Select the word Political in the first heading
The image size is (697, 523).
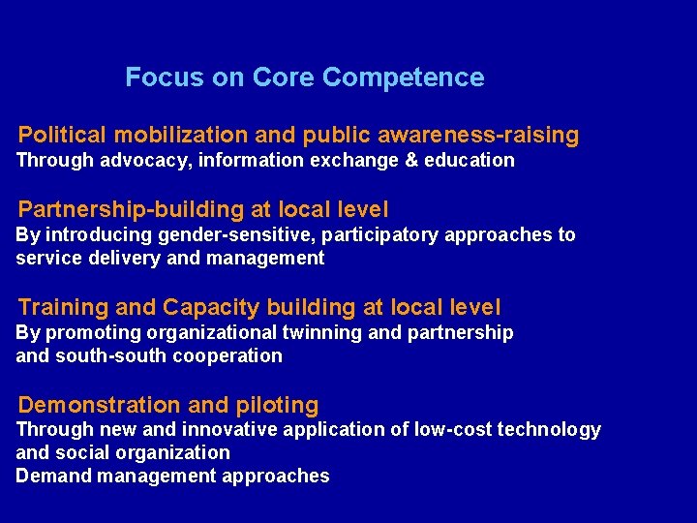pos(61,135)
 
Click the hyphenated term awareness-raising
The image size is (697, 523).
pos(472,135)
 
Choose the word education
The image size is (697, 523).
pos(470,160)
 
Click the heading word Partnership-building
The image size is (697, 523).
pos(119,209)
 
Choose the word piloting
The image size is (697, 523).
pos(279,405)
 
